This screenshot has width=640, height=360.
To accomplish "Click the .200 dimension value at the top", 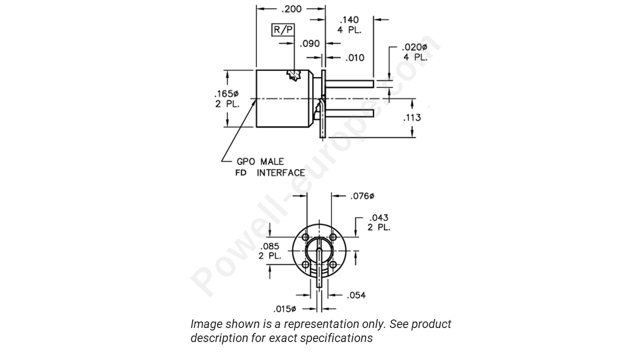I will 291,8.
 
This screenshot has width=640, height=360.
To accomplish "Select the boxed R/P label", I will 283,30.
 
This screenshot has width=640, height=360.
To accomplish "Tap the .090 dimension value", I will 309,44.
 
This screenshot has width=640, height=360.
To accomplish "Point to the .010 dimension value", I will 355,57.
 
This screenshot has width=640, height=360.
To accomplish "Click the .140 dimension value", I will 349,20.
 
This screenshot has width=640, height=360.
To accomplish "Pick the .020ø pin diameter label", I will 414,47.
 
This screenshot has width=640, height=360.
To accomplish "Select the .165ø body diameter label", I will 226,93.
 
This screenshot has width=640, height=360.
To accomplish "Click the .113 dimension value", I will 411,117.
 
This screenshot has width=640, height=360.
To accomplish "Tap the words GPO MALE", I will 260,161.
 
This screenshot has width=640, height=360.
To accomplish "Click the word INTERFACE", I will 281,173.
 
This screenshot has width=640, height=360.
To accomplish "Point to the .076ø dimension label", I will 362,196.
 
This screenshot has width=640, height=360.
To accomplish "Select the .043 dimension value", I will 378,218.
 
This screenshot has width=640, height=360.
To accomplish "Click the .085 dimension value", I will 270,246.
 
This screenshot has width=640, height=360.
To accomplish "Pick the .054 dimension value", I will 356,295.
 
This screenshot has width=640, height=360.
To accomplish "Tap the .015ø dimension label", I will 286,308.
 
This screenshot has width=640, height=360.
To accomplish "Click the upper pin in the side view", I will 350,83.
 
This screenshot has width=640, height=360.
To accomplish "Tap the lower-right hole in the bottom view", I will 332,264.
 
